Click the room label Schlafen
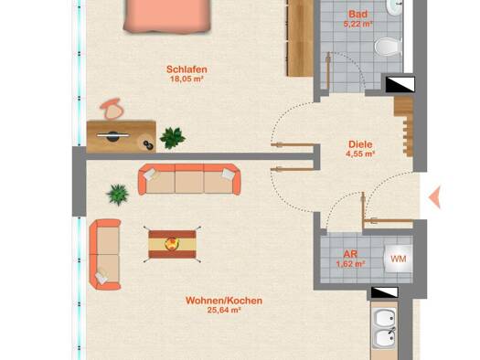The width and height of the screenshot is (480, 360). [187, 69]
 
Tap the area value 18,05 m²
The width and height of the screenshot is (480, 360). [187, 79]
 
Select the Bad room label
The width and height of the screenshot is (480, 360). [358, 14]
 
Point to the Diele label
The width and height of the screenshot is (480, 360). [360, 144]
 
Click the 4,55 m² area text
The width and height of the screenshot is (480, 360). [360, 154]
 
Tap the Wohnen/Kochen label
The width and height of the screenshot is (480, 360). [224, 301]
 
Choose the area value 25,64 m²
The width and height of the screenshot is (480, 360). [224, 310]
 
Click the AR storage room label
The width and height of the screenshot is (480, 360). [350, 254]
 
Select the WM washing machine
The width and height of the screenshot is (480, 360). [398, 259]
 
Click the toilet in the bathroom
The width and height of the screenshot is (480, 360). [389, 48]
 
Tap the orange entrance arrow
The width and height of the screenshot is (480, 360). [434, 197]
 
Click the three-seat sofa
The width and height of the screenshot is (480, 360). [189, 179]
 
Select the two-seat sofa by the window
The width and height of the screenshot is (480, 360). [105, 255]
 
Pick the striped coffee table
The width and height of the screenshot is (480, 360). [172, 244]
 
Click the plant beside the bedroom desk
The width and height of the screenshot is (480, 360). [173, 138]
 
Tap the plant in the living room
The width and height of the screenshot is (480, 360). [118, 195]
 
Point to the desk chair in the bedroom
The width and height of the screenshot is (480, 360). [112, 109]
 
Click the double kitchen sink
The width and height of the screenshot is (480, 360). [385, 329]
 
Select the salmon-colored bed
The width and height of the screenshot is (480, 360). [167, 16]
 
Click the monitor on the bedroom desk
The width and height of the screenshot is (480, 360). [113, 136]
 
